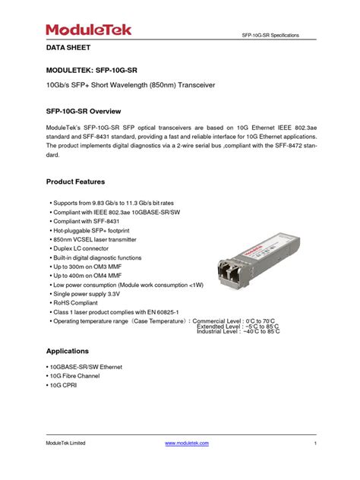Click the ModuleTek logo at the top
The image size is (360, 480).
[89, 30]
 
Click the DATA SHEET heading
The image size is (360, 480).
[69, 47]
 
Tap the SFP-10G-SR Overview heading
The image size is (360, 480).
[90, 111]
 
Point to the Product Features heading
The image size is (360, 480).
[75, 182]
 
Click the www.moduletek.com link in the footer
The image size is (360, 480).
[187, 443]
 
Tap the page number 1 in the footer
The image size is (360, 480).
[314, 443]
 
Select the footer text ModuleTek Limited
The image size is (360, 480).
[65, 443]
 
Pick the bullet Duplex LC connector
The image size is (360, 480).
[83, 248]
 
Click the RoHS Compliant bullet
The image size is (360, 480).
[77, 302]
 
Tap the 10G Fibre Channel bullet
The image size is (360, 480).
[77, 376]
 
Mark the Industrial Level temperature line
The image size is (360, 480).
[238, 331]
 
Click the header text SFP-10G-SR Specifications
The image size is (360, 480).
[270, 36]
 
